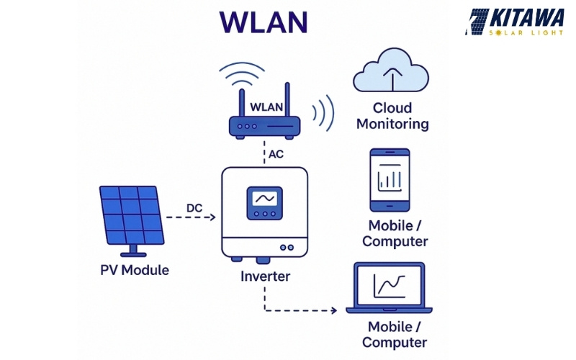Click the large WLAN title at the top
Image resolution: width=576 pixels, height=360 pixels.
coord(264,21)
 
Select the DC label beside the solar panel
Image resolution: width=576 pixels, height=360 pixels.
coord(194,208)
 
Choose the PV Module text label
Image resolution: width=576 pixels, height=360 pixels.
coord(135,271)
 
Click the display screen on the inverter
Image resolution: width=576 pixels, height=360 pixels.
coord(264,199)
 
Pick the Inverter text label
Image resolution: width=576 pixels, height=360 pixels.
coord(264,276)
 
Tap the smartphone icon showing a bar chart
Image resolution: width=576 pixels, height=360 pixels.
coord(390,179)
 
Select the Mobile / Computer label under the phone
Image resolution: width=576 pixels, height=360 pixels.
coord(395,233)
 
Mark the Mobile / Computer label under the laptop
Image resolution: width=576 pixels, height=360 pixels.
coord(395,335)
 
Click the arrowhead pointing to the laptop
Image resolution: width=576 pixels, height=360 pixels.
coord(333,311)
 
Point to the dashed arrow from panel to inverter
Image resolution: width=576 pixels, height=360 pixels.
coord(190,217)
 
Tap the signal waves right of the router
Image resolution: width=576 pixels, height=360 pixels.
coord(322,114)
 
